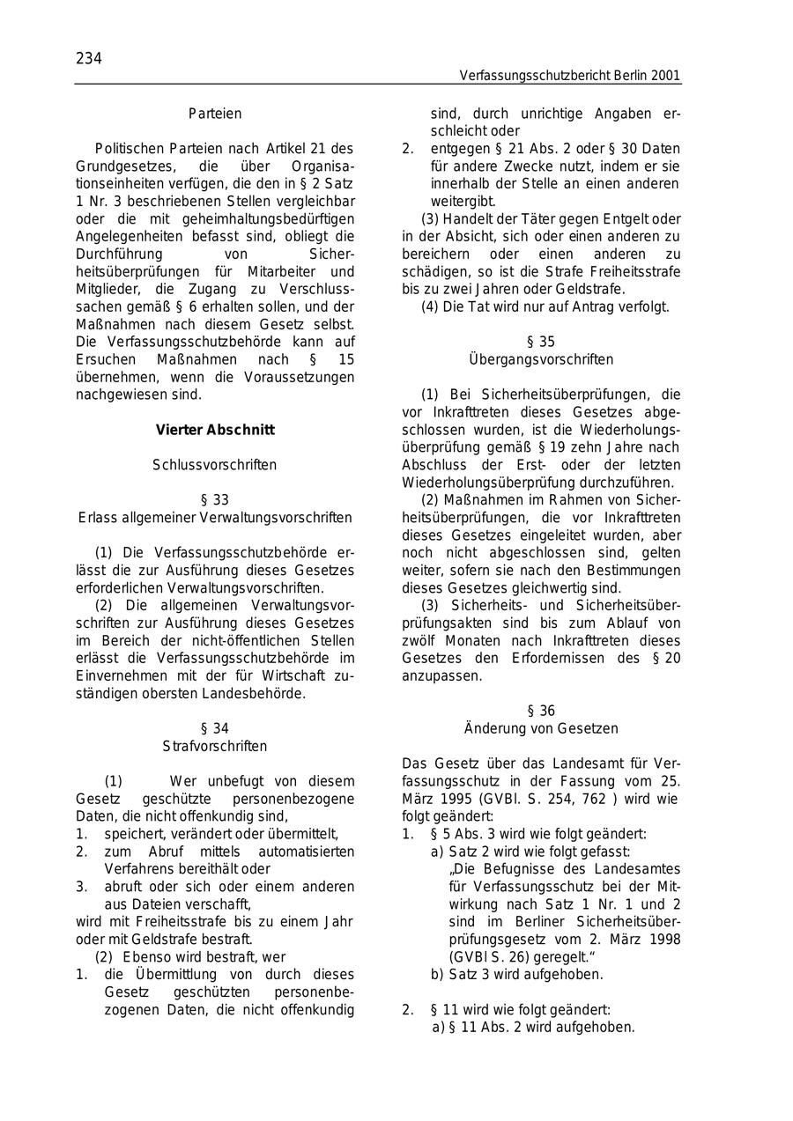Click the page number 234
[x=89, y=59]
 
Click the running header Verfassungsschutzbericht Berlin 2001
[x=569, y=77]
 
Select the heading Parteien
[x=215, y=114]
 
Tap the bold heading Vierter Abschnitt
[x=215, y=430]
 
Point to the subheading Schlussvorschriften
[x=215, y=465]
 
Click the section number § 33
[x=215, y=500]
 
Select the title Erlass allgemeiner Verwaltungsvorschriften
[x=215, y=518]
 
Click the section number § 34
[x=215, y=728]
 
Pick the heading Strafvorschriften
[x=215, y=746]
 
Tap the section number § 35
[x=541, y=342]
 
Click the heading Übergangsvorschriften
[x=541, y=359]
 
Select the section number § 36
[x=541, y=711]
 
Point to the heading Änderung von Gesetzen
[x=541, y=728]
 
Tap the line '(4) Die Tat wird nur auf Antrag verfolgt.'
[x=545, y=307]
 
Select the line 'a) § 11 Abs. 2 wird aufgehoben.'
[x=533, y=1027]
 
